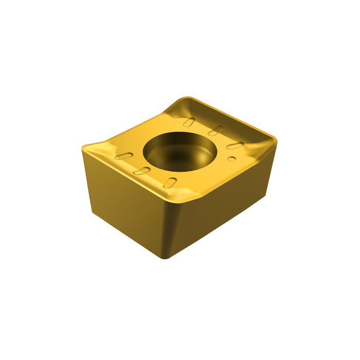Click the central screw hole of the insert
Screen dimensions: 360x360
[177, 149]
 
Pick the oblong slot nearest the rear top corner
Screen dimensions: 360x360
[190, 122]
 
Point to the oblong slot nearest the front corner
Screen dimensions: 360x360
[172, 182]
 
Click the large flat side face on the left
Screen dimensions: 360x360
[126, 206]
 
